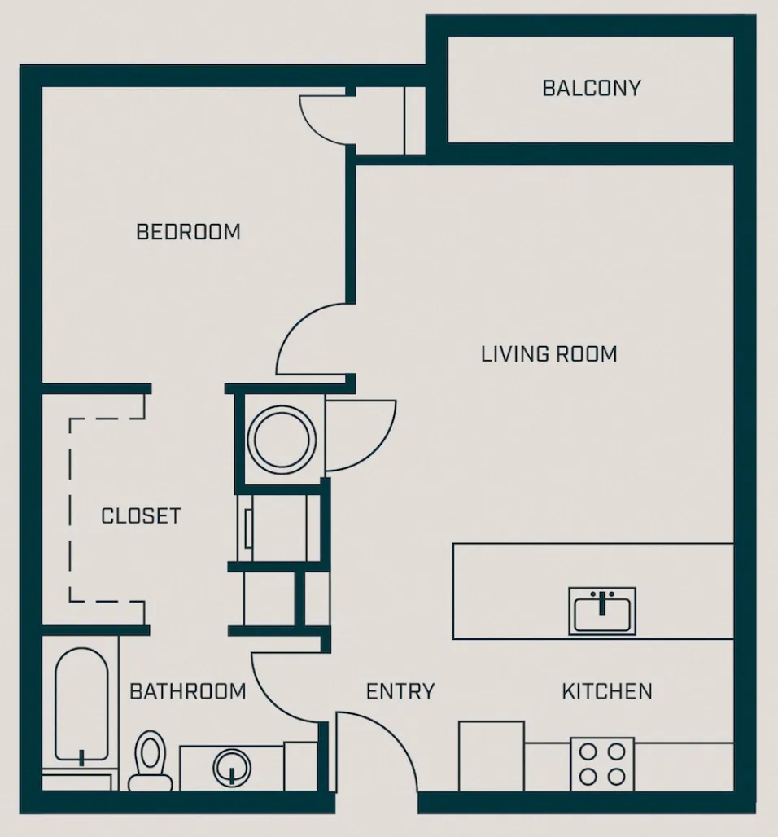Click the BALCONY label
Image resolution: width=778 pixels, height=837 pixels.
[x=592, y=88]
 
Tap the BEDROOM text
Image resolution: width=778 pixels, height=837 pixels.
[x=188, y=232]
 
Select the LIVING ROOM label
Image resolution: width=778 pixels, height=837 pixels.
[x=549, y=354]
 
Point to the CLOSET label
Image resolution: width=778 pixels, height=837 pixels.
[x=141, y=516]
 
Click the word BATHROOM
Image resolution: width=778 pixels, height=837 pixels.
[x=188, y=692]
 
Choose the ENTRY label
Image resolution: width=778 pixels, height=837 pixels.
[x=400, y=692]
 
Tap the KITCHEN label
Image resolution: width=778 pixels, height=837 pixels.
[x=607, y=692]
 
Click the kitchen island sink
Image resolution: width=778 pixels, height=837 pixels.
[x=603, y=611]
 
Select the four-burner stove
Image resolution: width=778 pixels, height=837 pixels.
[x=602, y=764]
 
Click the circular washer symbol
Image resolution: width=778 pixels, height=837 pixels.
[x=281, y=440]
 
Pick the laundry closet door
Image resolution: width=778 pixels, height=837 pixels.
[x=358, y=432]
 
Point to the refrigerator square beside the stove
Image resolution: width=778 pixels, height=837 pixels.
[x=492, y=756]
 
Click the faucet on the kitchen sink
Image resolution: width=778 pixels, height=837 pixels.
[x=603, y=602]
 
